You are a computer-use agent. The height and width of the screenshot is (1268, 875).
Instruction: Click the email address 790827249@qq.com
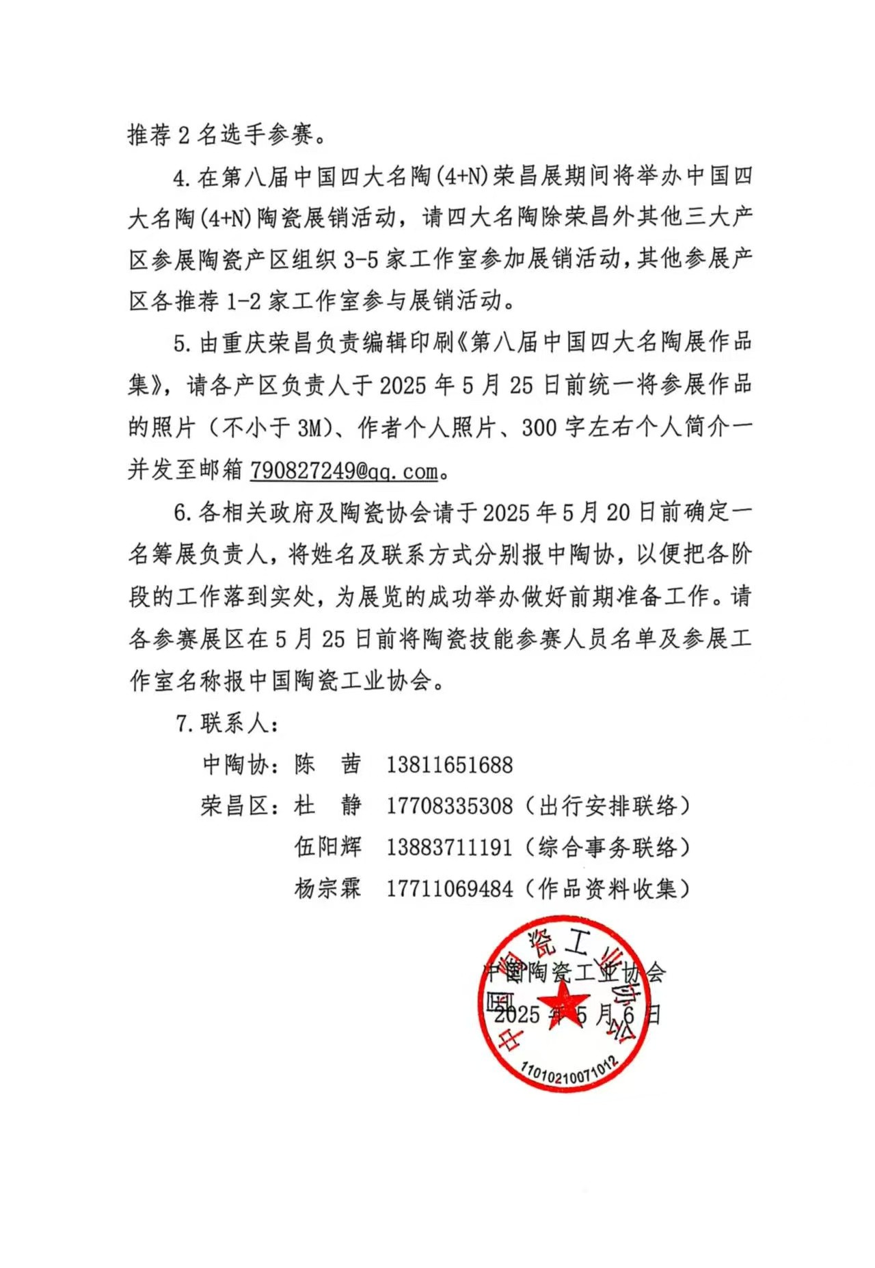[x=344, y=470]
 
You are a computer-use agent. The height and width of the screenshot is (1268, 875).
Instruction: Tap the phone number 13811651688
[x=449, y=764]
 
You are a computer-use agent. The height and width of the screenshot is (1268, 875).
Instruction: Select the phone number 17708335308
[x=449, y=806]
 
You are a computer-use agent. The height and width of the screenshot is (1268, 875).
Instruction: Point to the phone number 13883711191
[x=449, y=848]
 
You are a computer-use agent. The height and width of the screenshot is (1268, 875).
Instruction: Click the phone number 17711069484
[x=449, y=889]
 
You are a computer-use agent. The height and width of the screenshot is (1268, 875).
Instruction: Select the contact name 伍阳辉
[x=327, y=848]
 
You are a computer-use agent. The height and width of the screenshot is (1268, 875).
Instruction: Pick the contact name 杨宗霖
[x=327, y=889]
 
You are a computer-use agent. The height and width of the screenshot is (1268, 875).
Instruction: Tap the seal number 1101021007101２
[x=569, y=1074]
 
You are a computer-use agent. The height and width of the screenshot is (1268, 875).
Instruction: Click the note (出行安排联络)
[x=608, y=806]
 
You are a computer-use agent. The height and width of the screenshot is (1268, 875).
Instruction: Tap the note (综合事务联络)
[x=608, y=848]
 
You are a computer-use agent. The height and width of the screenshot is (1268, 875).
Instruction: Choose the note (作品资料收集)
[x=608, y=889]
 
